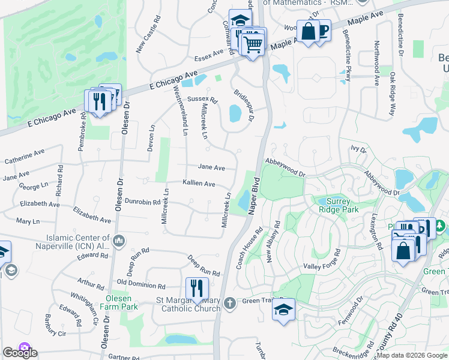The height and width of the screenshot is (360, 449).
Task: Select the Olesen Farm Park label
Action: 122,302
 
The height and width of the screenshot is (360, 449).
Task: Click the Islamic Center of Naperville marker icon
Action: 119,241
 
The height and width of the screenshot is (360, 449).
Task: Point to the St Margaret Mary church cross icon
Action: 229,304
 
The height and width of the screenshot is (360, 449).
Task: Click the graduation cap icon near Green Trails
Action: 284,310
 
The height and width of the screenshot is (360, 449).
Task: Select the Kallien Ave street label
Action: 199,184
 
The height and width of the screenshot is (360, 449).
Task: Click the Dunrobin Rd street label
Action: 143,202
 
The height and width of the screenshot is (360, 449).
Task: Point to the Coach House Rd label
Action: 250,248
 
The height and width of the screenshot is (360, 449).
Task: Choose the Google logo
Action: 19,353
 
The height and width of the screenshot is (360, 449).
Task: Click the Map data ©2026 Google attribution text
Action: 412,355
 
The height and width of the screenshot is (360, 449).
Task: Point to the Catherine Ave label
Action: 25,158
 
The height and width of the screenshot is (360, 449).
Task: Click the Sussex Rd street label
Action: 202,98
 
